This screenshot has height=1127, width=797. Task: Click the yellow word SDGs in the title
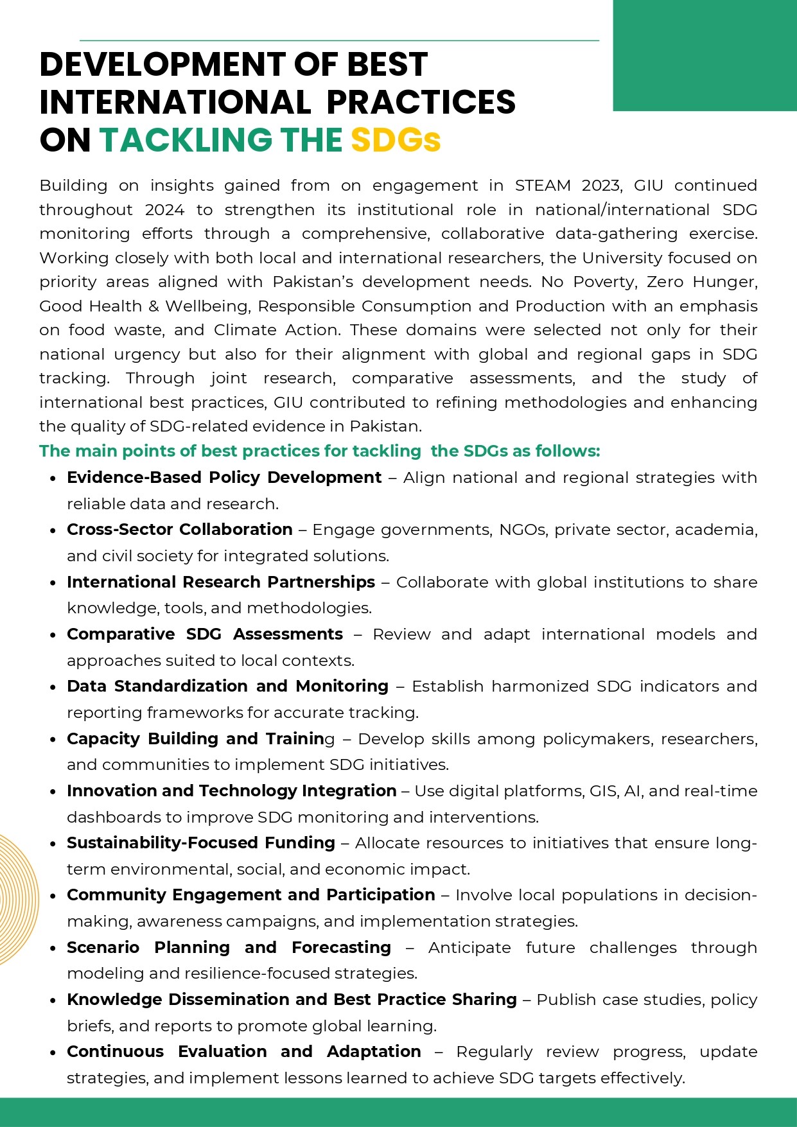(x=396, y=140)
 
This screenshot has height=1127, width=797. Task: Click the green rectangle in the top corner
(x=705, y=55)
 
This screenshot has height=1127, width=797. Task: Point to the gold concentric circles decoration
(x=18, y=899)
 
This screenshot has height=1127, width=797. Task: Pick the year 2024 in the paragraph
(x=164, y=210)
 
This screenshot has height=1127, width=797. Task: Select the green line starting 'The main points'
(x=319, y=451)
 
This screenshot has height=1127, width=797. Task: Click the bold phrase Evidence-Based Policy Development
(x=224, y=478)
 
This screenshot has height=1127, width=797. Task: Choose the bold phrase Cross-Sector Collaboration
(x=180, y=530)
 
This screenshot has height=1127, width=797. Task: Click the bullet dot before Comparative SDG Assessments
(x=53, y=635)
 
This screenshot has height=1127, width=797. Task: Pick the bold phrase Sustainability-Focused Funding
(x=201, y=843)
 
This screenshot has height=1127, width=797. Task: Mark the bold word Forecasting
(x=341, y=948)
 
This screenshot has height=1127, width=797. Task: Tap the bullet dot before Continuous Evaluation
(x=53, y=1053)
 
